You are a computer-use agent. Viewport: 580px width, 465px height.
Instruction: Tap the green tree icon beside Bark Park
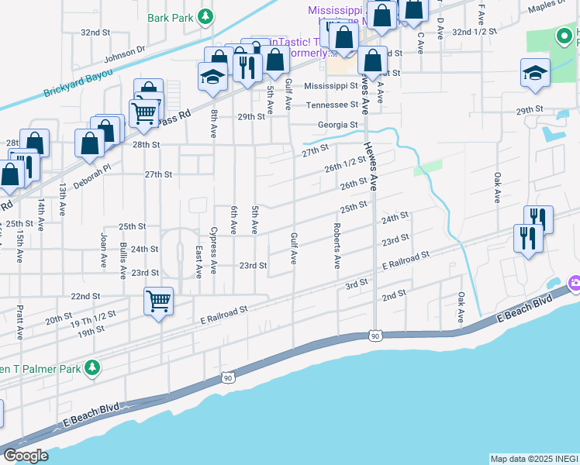click(205, 15)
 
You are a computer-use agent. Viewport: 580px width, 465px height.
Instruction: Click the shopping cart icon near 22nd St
click(159, 299)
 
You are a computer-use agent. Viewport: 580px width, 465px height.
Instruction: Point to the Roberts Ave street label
click(337, 246)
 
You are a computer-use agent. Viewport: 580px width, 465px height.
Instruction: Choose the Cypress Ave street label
click(214, 245)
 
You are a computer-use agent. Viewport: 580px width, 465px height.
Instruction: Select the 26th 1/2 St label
click(345, 164)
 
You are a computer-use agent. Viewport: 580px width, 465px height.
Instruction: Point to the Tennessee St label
click(332, 105)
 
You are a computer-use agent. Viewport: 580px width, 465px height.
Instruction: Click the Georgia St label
click(337, 124)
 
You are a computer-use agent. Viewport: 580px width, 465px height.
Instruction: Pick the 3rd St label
click(356, 284)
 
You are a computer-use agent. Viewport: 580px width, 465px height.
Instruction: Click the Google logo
click(26, 455)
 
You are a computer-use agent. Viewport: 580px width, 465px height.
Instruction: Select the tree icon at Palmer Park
click(92, 367)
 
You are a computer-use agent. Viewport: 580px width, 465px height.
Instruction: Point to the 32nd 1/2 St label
click(474, 32)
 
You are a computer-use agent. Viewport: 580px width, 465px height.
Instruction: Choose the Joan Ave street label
click(102, 251)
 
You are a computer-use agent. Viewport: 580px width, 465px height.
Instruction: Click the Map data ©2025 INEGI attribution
click(534, 459)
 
